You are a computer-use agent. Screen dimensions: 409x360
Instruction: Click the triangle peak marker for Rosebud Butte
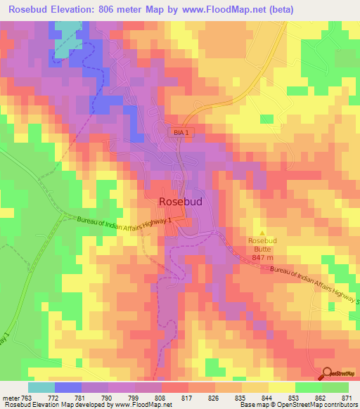pos(263,233)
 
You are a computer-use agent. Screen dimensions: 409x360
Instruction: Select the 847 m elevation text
pos(261,258)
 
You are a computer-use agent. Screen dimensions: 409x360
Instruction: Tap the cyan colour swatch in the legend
pos(41,387)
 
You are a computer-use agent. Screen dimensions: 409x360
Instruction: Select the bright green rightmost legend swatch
pos(335,387)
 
